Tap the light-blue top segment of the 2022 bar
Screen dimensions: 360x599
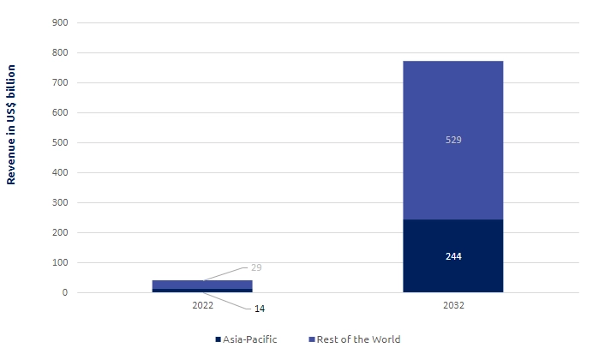[x=202, y=284]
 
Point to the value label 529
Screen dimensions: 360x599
[x=453, y=140]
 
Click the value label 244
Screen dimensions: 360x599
[x=453, y=256]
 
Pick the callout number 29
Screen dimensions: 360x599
[x=255, y=268]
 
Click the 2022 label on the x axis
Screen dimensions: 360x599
[x=202, y=305]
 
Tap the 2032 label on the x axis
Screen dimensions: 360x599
[x=452, y=305]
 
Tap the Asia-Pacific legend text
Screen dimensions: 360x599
[x=250, y=339]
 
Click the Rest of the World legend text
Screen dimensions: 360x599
[x=358, y=339]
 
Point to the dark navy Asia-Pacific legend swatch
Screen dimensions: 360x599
[x=219, y=339]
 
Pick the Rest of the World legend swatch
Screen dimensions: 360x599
[x=311, y=339]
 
